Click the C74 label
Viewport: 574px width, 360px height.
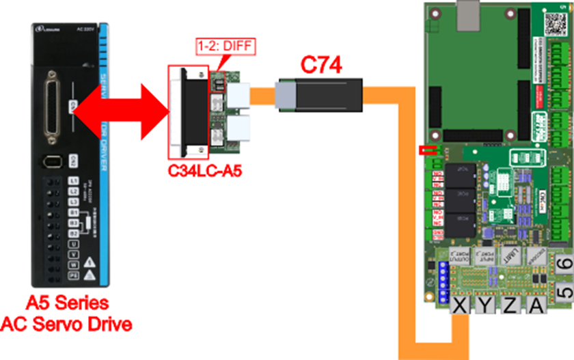click(321, 66)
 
